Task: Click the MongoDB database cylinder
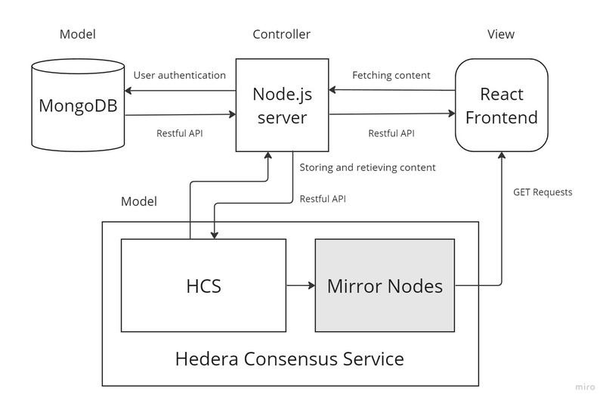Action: tap(78, 105)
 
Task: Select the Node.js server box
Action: tap(282, 105)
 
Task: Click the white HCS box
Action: tap(204, 285)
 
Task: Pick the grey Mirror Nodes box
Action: tap(384, 285)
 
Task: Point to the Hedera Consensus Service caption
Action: tap(289, 357)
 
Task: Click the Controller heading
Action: tap(281, 35)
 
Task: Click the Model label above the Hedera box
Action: tap(139, 202)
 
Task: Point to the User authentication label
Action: tap(179, 76)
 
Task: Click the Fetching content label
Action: tap(391, 76)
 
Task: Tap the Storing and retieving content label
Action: tap(367, 167)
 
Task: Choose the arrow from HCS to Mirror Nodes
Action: tap(300, 285)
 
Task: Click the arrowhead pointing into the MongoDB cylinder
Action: tap(129, 92)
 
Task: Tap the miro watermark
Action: tap(584, 387)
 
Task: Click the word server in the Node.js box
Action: tap(282, 118)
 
